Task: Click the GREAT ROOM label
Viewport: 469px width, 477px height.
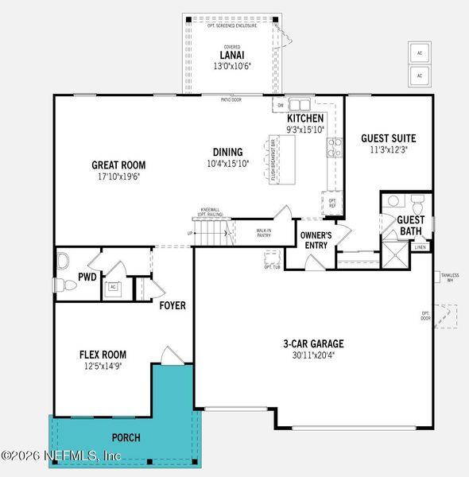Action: click(x=118, y=165)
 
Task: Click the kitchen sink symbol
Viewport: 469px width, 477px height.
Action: click(x=300, y=104)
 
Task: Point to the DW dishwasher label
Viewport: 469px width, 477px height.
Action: click(x=280, y=105)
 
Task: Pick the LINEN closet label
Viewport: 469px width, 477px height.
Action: click(x=421, y=247)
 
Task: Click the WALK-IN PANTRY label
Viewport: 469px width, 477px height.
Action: click(x=263, y=234)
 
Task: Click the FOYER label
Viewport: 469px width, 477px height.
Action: click(x=172, y=305)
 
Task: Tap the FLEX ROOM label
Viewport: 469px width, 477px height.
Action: click(x=103, y=355)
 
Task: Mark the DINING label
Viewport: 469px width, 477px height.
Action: click(x=227, y=153)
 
